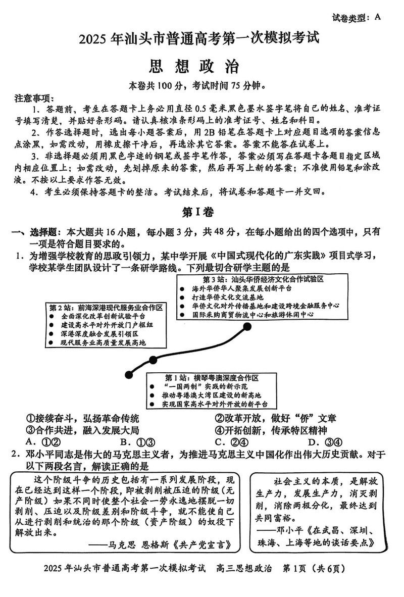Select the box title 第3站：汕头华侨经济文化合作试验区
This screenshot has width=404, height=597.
pyautogui.click(x=263, y=279)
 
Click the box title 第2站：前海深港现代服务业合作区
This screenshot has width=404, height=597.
pyautogui.click(x=106, y=308)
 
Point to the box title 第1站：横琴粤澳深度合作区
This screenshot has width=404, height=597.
pyautogui.click(x=212, y=378)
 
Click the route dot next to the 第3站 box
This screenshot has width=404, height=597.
pyautogui.click(x=247, y=327)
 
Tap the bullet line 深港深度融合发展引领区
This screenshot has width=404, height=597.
pyautogui.click(x=99, y=334)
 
